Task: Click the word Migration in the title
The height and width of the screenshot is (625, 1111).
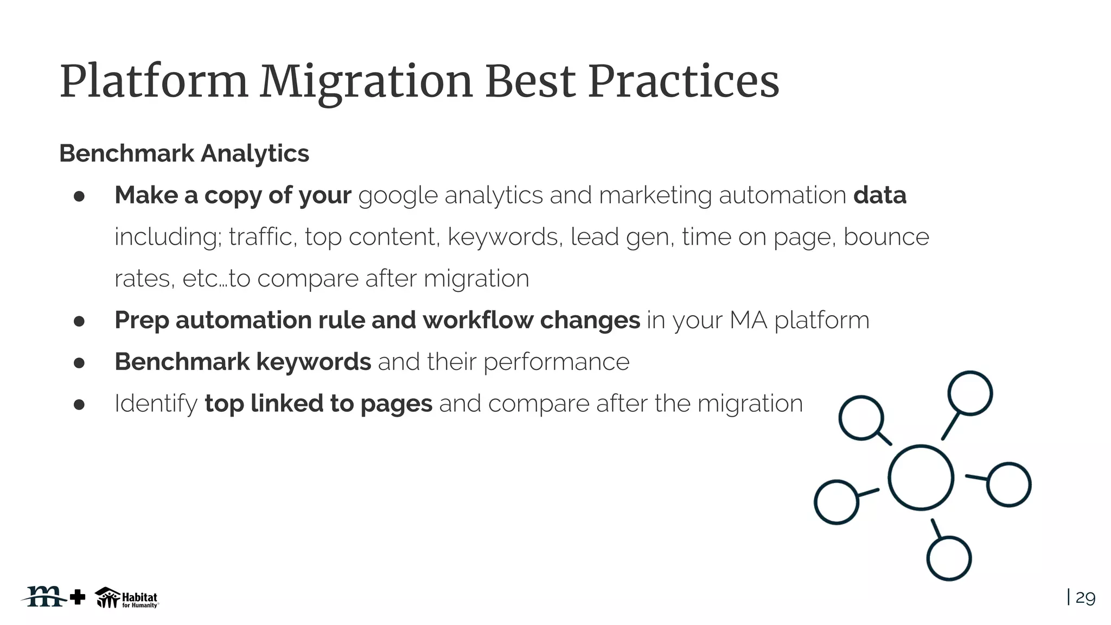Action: [366, 82]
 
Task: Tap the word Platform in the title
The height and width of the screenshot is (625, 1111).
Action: [154, 82]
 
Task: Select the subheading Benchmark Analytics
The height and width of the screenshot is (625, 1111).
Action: [184, 154]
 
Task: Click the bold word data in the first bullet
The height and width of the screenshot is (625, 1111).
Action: [879, 195]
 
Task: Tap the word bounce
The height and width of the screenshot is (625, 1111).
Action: [886, 237]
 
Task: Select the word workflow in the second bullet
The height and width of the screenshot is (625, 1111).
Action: [478, 320]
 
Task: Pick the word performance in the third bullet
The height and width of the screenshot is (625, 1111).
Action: [556, 362]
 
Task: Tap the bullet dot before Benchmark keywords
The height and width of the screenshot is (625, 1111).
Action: [79, 362]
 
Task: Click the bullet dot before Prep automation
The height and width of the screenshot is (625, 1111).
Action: [79, 321]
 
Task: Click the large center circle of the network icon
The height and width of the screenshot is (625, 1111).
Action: [921, 477]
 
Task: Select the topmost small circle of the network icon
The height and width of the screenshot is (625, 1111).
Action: [970, 393]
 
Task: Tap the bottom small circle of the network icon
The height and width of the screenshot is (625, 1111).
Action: [949, 558]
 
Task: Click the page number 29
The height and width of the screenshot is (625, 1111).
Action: [1085, 598]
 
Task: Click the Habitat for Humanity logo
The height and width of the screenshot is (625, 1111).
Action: [127, 598]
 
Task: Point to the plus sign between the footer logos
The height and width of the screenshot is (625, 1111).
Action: [78, 597]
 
